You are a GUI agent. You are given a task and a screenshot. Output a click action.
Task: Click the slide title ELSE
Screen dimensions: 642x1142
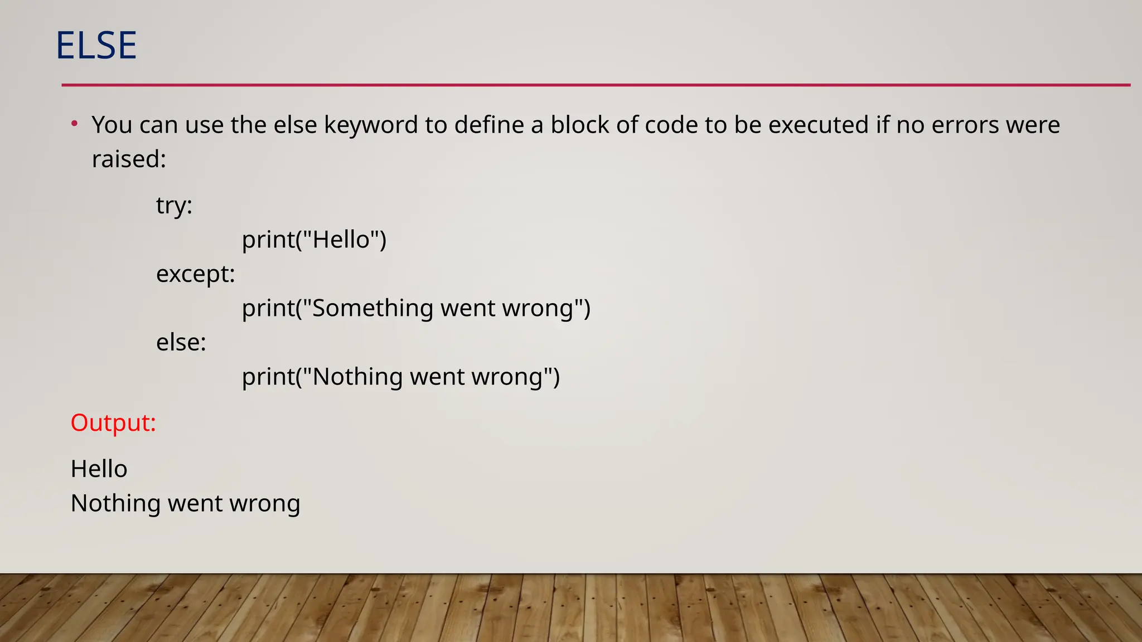96,45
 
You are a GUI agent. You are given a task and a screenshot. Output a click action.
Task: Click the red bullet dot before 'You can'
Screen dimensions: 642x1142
74,124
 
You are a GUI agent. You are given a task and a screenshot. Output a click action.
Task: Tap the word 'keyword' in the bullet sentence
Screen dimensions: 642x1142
371,125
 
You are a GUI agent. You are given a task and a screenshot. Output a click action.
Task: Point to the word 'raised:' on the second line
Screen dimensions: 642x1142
129,159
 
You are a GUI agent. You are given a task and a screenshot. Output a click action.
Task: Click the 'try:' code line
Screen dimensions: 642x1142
174,206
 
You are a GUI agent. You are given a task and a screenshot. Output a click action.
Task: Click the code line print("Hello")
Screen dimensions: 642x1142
314,240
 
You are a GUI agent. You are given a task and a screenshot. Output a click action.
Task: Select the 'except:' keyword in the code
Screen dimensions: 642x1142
196,274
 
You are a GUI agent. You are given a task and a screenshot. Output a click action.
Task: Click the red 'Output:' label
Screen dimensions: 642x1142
113,422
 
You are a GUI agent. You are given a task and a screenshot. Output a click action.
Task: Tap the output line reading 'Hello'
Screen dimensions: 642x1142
99,469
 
